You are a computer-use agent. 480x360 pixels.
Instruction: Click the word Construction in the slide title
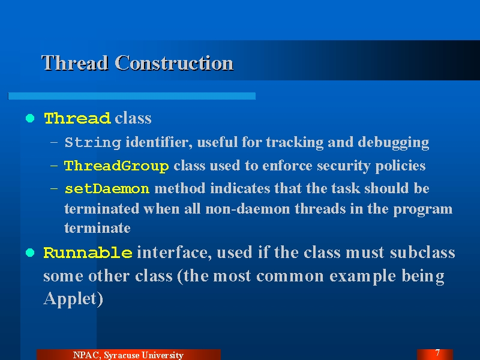[174, 63]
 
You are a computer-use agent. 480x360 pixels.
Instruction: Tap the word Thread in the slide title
[75, 63]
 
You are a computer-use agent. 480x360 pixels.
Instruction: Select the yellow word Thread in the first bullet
[77, 118]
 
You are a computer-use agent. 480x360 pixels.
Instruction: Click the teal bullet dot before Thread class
[30, 118]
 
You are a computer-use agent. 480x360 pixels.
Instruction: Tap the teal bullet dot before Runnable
[30, 253]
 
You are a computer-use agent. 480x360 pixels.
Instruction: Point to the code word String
[93, 143]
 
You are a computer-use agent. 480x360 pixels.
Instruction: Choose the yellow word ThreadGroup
[116, 166]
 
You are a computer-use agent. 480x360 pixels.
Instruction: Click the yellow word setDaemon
[107, 188]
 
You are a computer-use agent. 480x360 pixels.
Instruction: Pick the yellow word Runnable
[88, 253]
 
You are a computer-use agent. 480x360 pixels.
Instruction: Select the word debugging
[394, 143]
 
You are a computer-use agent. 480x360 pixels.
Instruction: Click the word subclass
[422, 253]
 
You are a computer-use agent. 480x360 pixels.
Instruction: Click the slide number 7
[437, 353]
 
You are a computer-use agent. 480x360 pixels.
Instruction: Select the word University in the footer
[163, 355]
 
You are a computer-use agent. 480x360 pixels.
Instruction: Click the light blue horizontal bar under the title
[131, 96]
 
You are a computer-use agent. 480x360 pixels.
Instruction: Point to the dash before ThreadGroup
[54, 166]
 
